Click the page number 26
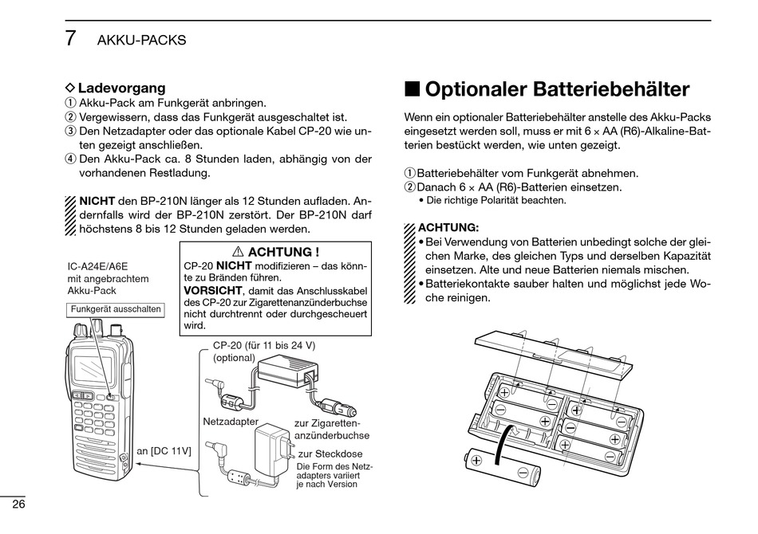point(18,504)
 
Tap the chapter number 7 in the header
point(71,37)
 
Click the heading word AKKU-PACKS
point(141,40)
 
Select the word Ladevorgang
point(121,88)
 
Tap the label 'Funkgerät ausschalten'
point(116,309)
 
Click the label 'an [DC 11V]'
point(164,451)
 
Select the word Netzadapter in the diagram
point(231,421)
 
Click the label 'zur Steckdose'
point(330,454)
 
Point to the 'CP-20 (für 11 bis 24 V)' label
point(264,345)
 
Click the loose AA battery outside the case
point(503,468)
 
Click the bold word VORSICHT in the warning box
point(212,290)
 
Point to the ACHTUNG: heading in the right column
point(448,227)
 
